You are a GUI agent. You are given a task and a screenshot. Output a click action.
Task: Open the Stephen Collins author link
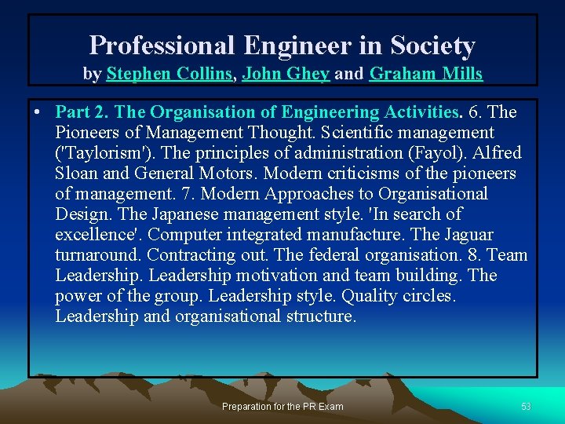tap(169, 75)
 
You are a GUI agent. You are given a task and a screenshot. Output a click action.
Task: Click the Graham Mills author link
tap(425, 75)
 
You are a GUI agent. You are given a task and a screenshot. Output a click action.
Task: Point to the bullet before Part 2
tap(38, 112)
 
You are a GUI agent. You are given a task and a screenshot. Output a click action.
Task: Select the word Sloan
tap(78, 174)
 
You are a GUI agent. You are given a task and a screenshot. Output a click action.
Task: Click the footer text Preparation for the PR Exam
tap(282, 407)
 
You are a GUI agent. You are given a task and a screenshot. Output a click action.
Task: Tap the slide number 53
tap(526, 407)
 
